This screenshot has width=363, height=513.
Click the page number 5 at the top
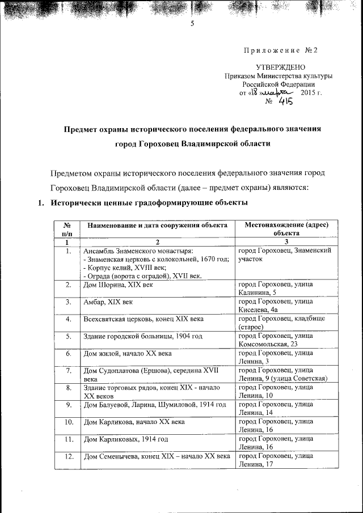pyautogui.click(x=192, y=24)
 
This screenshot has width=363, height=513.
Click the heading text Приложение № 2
pyautogui.click(x=280, y=50)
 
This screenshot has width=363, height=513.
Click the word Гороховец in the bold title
pyautogui.click(x=157, y=144)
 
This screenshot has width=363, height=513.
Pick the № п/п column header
pyautogui.click(x=67, y=229)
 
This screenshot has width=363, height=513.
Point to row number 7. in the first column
pyautogui.click(x=67, y=371)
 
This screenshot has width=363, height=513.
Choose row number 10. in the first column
pyautogui.click(x=67, y=422)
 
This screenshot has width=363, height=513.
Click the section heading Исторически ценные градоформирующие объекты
pyautogui.click(x=149, y=202)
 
